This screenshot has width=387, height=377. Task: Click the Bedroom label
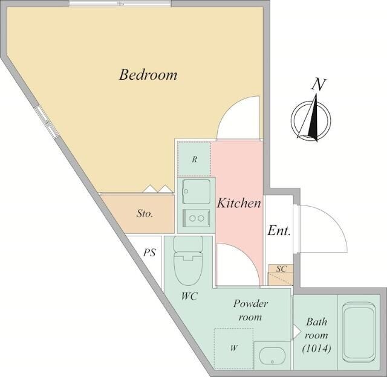pos(148,75)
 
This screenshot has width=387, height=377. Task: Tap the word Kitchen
pos(239,204)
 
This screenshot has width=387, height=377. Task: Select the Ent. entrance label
pos(279,231)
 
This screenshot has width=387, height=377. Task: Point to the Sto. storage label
pos(145,213)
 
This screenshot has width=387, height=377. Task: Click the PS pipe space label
pos(150,253)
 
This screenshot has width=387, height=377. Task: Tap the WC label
pos(189,296)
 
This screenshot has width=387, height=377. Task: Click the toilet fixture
pos(189,260)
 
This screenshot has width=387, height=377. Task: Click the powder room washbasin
pos(272,356)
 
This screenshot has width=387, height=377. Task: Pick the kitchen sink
pos(196,192)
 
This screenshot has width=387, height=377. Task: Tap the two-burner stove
pos(196,218)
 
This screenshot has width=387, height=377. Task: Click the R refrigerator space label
pos(195,159)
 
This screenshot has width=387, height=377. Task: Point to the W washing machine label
pos(234,348)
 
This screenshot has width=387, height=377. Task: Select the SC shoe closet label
pos(281,269)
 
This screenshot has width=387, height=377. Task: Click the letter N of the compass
pos(319,85)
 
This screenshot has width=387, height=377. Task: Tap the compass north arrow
pos(311,118)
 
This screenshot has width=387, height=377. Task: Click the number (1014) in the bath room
pos(317,349)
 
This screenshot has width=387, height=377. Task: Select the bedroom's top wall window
pos(120,4)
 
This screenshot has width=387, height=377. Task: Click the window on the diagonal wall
pos(47,121)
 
